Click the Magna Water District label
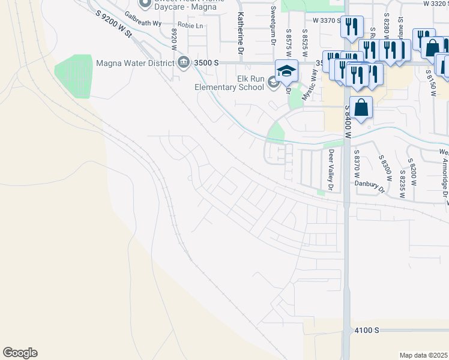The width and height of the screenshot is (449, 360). (136, 61)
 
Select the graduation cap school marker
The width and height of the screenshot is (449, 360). (286, 71)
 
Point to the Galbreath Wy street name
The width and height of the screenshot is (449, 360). (144, 23)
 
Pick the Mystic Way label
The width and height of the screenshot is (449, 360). (312, 77)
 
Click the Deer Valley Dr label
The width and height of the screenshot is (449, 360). (330, 169)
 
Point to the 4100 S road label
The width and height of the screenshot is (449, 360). (367, 331)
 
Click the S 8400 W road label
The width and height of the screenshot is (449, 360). (347, 123)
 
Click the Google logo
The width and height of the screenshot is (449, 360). (20, 353)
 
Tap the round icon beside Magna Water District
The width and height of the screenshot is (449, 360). (183, 61)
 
